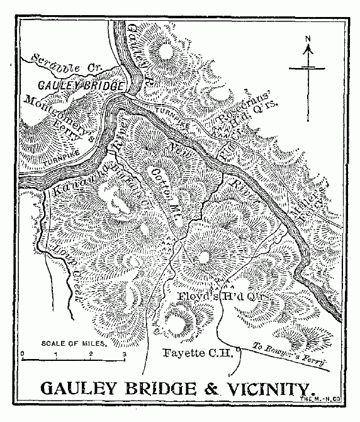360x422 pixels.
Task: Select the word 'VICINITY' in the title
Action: click(x=260, y=387)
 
